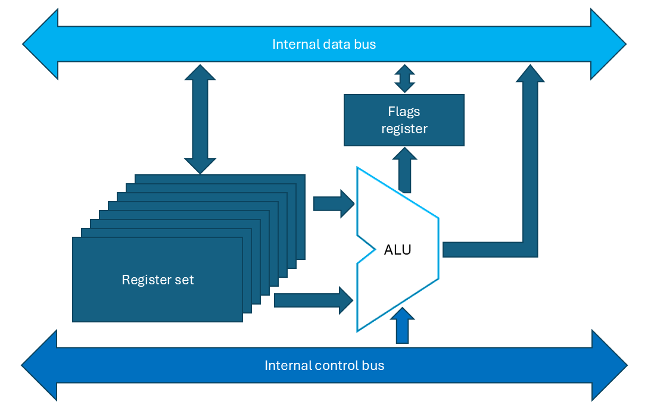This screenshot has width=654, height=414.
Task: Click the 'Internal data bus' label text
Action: [x=324, y=44]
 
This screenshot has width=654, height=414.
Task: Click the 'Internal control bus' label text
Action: [x=324, y=365]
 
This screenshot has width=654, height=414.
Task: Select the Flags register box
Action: [x=404, y=120]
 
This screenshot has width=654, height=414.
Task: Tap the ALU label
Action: [x=397, y=250]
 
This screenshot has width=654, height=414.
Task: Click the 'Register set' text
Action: [x=158, y=280]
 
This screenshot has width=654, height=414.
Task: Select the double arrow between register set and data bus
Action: [x=200, y=119]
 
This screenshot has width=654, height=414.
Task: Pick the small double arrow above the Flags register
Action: [x=404, y=79]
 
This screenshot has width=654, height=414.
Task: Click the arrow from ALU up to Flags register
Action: [x=404, y=170]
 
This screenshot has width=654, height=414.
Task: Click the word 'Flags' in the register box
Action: [x=404, y=111]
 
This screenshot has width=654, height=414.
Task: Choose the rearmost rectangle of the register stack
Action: [x=220, y=178]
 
